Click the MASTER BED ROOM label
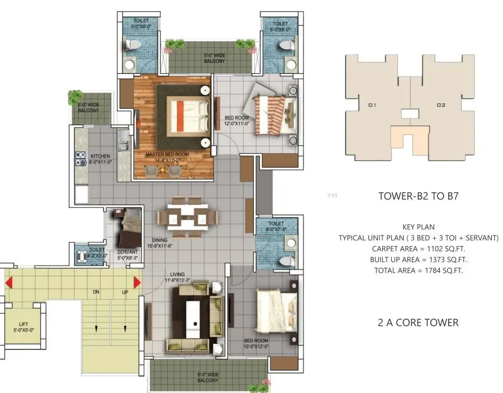click(167, 154)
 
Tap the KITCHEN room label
click(101, 156)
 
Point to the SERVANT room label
click(127, 252)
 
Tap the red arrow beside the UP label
click(137, 282)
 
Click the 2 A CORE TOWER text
click(418, 323)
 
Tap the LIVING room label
click(178, 274)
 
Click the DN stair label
click(96, 292)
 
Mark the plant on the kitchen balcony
click(75, 97)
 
